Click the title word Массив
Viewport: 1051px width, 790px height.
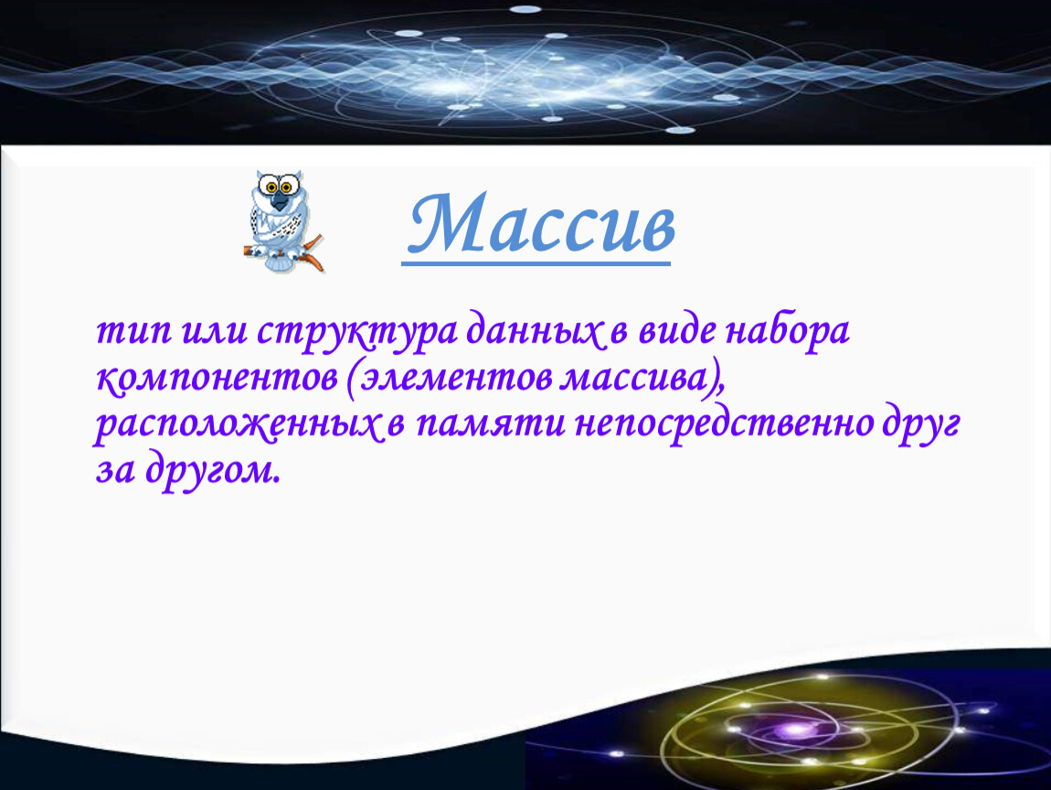(x=542, y=224)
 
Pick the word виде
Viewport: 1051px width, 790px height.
(x=677, y=330)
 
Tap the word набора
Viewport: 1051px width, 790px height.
(x=788, y=332)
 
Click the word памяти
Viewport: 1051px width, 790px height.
(x=490, y=425)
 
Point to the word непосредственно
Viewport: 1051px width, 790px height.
(x=725, y=423)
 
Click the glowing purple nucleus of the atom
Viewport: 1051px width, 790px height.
(x=796, y=730)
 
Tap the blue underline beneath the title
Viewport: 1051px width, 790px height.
(x=536, y=263)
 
